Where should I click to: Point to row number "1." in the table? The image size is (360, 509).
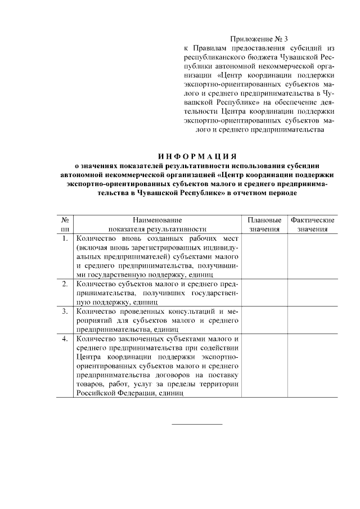(65, 238)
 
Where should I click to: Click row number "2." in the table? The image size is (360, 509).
(65, 284)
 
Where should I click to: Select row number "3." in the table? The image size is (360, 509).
(65, 311)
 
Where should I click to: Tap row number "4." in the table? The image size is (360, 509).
(65, 339)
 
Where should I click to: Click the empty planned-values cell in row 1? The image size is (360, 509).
(264, 256)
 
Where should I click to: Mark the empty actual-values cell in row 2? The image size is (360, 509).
(313, 293)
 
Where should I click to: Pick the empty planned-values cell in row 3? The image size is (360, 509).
(264, 320)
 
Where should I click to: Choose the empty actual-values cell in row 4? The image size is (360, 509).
(313, 366)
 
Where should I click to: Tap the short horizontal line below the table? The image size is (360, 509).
(196, 423)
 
